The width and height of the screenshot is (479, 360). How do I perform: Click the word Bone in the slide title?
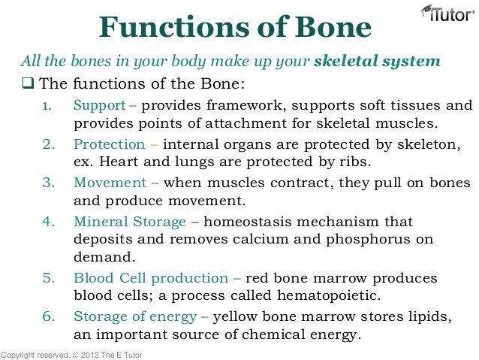331,29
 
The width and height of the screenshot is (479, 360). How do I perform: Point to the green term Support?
99,104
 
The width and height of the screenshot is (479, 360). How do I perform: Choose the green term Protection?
109,144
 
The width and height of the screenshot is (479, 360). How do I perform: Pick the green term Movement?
110,183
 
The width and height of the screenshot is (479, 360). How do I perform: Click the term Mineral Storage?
129,222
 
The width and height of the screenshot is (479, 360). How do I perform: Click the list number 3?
47,183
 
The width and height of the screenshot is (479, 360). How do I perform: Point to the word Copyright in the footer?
20,353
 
